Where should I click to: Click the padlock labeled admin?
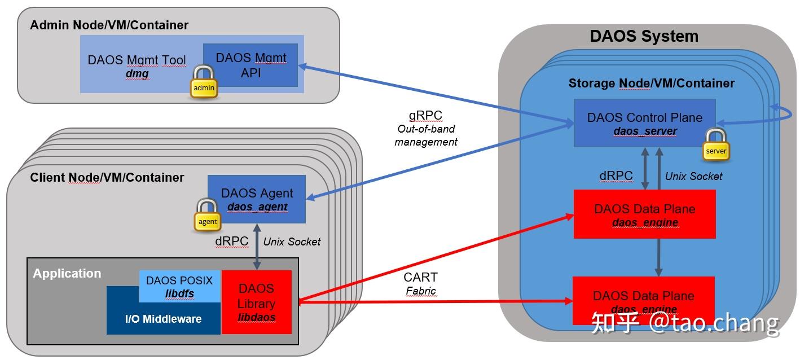[x=204, y=82]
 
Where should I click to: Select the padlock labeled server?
[x=716, y=145]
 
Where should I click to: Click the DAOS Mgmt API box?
[x=250, y=65]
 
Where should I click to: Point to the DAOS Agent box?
[x=257, y=199]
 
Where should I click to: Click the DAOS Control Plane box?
[x=644, y=123]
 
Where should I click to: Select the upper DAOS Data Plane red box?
[x=644, y=214]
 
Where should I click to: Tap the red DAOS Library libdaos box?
[x=257, y=302]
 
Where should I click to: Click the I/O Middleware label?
[x=163, y=319]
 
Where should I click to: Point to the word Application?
[x=67, y=274]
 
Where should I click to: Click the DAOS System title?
[x=644, y=37]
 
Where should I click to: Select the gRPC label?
[x=426, y=115]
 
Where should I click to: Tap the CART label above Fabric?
[x=420, y=278]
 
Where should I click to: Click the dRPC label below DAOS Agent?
[x=231, y=242]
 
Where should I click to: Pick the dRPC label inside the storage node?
[x=616, y=176]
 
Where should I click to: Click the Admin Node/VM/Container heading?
[x=109, y=25]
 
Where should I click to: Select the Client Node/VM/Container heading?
[x=107, y=178]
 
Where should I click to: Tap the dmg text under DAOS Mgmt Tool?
[x=137, y=74]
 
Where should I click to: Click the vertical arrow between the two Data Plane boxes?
[x=658, y=257]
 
